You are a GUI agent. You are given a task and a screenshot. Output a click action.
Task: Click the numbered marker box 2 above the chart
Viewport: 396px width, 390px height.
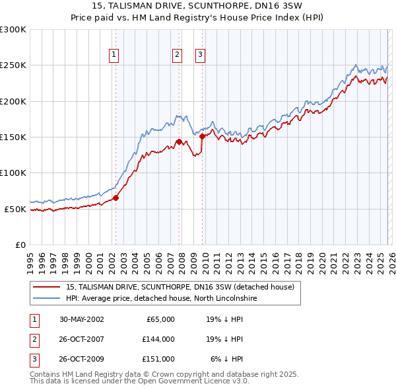178,55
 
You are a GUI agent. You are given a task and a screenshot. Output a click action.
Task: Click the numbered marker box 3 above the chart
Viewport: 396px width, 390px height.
200,55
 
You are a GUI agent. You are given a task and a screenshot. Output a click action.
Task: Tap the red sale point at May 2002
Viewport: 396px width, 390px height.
115,198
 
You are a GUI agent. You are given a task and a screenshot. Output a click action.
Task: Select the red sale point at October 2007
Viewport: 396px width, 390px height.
179,141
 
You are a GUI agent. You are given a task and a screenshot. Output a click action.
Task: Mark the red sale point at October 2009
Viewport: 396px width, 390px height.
202,136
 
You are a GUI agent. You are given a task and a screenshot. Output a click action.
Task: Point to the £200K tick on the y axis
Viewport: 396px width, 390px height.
13,101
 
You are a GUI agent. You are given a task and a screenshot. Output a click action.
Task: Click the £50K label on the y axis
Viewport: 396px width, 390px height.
15,209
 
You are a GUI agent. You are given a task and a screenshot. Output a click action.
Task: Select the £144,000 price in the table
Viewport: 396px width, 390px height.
158,339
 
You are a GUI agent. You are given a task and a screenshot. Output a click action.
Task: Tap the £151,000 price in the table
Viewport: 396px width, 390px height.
158,359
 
